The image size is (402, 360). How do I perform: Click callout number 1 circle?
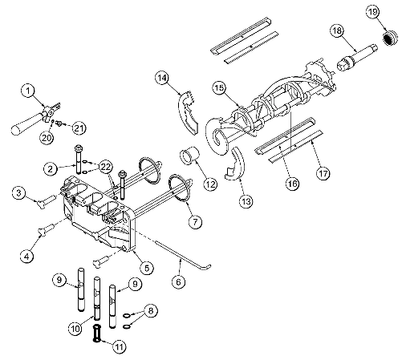point(28,91)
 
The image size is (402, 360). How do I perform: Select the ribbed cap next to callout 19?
point(391,39)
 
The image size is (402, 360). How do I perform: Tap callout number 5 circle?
point(146,265)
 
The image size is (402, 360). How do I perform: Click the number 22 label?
point(105,165)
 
